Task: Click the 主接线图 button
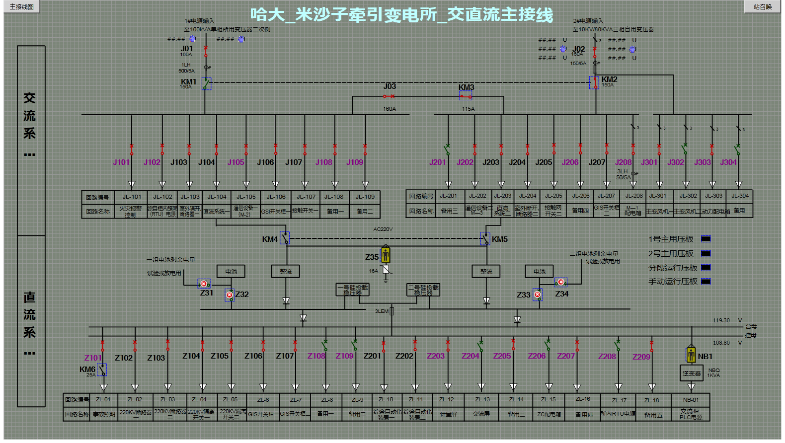21,6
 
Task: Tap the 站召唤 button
762,6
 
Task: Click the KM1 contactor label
188,82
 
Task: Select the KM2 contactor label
609,79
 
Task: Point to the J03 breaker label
390,86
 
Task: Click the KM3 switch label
466,87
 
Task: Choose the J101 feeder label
121,162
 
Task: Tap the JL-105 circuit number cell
246,197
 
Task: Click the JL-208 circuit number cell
633,196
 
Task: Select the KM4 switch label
270,239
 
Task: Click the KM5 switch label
500,239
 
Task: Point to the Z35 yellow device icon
386,255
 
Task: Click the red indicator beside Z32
230,295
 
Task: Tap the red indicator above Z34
560,282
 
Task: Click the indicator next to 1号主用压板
706,239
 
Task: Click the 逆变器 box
691,373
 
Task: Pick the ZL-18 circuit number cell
652,400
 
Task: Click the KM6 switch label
87,369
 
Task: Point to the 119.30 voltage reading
721,321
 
